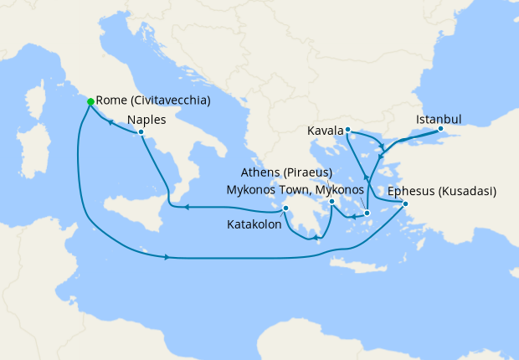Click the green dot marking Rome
(x=90, y=101)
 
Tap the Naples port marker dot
(x=141, y=131)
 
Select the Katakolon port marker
(x=285, y=208)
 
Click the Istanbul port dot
(x=440, y=129)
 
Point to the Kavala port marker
(x=347, y=130)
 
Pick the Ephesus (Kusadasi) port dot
(x=405, y=204)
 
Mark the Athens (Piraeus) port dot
(x=332, y=202)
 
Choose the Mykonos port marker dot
(x=367, y=213)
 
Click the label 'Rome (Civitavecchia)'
(x=153, y=100)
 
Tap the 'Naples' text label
(x=147, y=119)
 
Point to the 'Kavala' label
(x=326, y=131)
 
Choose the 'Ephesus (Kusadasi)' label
(x=442, y=191)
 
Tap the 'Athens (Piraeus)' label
(x=286, y=173)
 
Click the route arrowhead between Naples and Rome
(x=109, y=121)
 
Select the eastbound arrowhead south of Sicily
(x=168, y=257)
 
